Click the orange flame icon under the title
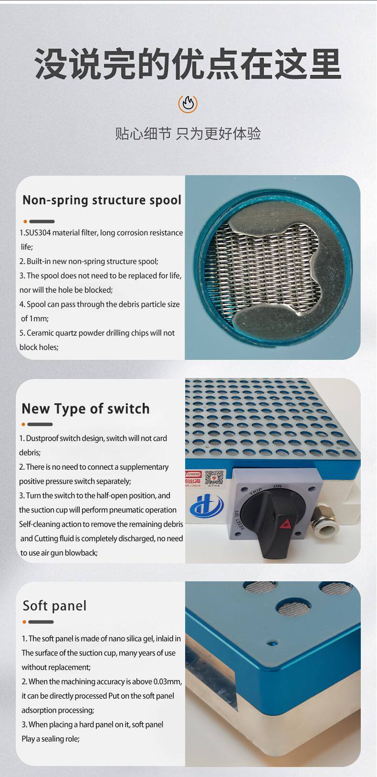[x=188, y=104]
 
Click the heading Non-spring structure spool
[x=102, y=200]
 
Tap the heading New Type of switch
[x=86, y=409]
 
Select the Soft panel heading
[x=54, y=606]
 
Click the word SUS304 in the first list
[x=38, y=233]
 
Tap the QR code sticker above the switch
[x=214, y=478]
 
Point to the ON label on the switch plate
[x=277, y=486]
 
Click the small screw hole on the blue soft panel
[x=272, y=643]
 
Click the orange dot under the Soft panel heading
[x=24, y=622]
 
